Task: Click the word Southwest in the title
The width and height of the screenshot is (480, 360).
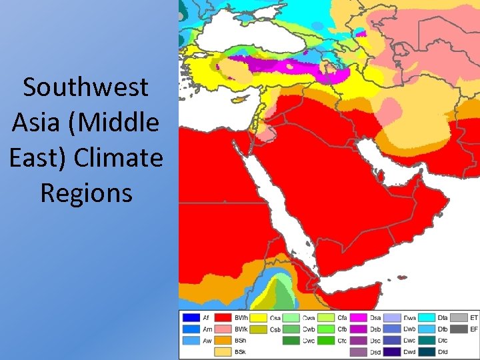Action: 85,87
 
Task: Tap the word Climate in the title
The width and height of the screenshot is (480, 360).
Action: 119,158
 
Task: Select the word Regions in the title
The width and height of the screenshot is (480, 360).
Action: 86,193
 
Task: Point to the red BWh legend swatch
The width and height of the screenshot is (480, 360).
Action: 224,318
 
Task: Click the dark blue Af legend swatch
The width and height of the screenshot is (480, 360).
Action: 191,318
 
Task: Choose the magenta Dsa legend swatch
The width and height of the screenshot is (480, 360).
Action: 359,318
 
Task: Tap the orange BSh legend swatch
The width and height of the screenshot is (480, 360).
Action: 224,340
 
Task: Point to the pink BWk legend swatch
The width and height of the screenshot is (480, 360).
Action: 224,329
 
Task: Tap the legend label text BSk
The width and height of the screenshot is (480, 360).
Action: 241,351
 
